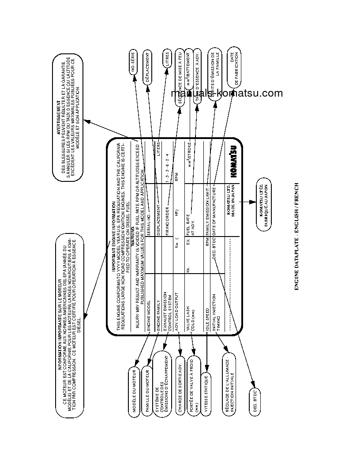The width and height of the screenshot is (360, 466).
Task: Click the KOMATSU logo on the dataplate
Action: (x=233, y=162)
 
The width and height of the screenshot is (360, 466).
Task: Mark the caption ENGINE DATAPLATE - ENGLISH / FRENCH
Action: (x=296, y=237)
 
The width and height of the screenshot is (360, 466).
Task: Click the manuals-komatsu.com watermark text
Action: (x=226, y=93)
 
